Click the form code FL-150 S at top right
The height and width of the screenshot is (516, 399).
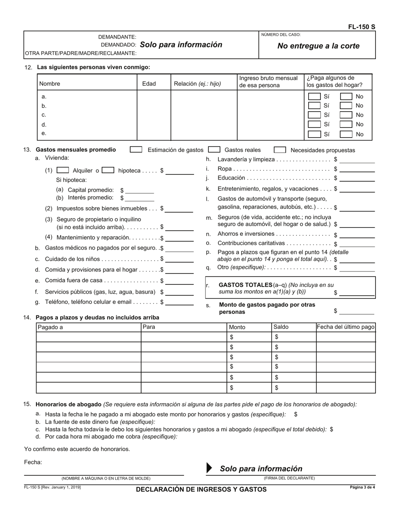362,27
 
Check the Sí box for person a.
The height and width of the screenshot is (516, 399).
315,96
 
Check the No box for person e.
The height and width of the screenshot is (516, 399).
346,134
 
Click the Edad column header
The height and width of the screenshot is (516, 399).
149,83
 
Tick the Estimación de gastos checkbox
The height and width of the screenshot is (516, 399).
136,150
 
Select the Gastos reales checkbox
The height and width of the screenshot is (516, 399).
214,150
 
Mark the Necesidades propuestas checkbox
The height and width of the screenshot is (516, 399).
280,150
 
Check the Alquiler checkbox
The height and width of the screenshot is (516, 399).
63,170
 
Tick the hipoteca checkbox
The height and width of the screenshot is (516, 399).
108,170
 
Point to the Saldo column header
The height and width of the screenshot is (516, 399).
281,327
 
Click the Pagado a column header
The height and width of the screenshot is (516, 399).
50,327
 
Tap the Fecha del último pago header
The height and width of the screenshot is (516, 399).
345,327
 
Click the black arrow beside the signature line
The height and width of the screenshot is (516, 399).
210,469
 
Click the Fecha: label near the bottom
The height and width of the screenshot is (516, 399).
33,462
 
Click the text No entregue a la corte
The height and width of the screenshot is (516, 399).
318,46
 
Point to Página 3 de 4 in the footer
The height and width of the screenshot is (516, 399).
362,487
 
